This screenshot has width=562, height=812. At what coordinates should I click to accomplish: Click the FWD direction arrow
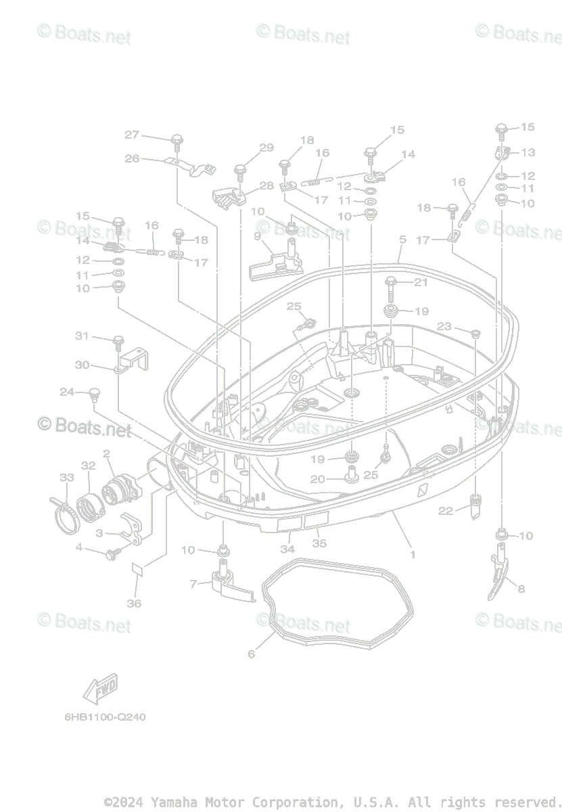[100, 689]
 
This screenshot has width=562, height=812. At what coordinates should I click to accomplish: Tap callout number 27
[132, 135]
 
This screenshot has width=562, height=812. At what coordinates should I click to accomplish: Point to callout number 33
[66, 478]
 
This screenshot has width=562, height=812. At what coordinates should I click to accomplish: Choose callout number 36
[134, 603]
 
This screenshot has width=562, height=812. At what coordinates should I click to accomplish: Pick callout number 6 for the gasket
[252, 654]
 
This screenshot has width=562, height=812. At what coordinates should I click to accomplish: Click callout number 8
[520, 589]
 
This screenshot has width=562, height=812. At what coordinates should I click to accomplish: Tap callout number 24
[67, 392]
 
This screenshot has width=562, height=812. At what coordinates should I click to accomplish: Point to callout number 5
[402, 240]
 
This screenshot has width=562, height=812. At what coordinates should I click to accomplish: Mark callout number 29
[266, 148]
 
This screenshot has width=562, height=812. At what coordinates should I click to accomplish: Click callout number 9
[258, 236]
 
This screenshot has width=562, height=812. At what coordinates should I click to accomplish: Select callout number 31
[82, 336]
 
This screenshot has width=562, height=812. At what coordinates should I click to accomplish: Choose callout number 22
[445, 511]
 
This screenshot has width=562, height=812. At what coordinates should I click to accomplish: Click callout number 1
[413, 554]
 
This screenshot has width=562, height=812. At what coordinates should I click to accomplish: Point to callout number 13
[528, 152]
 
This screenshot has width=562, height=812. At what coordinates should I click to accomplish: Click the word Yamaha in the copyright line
[172, 802]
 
